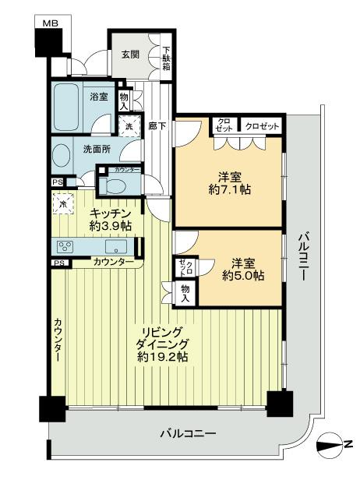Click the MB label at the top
(x=49, y=24)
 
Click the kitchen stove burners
(x=65, y=247)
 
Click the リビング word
(x=164, y=330)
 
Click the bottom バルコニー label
(x=188, y=433)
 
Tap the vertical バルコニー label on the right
(x=304, y=256)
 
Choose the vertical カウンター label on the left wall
(x=58, y=340)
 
